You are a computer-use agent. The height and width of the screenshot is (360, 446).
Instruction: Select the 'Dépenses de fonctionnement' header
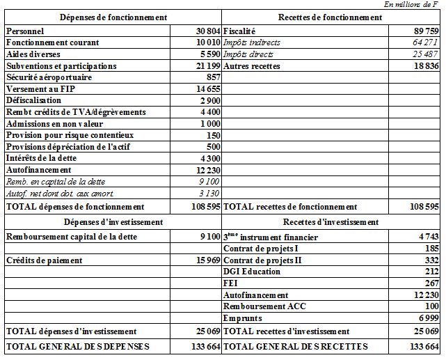point(113,17)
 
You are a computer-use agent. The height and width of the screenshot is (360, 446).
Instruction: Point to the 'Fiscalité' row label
point(239,31)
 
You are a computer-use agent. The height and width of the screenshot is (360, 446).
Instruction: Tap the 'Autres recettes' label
point(251,65)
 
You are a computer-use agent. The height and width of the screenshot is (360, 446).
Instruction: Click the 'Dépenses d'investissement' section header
point(113,221)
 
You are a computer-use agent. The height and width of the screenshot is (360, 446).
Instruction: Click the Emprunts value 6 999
point(427,318)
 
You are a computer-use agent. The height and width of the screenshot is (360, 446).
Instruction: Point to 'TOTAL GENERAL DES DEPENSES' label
point(77,346)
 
